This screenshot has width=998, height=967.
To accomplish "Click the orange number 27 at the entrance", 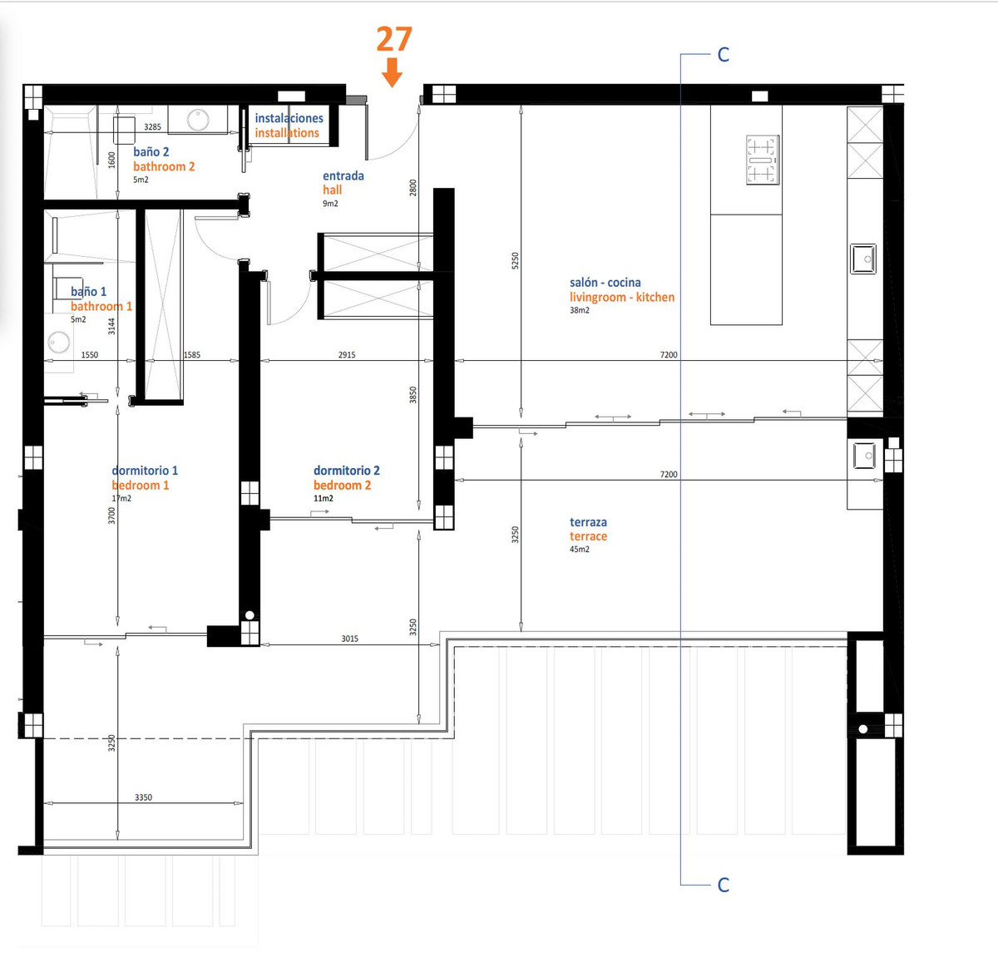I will pos(394,39).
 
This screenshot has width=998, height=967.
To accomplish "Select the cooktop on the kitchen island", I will pos(762,160).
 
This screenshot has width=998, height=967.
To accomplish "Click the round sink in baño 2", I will pos(198,120).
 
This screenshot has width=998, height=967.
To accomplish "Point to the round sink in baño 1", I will pos(59,342).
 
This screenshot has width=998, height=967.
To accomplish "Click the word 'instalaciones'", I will pos(289,118).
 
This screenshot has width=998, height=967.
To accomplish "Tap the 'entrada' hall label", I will pos(343,175).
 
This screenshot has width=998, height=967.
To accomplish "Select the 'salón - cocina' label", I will pos(605,283).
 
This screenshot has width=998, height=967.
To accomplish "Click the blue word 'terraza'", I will pos(588,522).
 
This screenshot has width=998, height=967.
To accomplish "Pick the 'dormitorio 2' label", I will pos(346,471).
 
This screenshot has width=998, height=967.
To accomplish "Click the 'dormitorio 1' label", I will pos(145,471).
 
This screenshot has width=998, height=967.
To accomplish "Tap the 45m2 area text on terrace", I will pos(579,550).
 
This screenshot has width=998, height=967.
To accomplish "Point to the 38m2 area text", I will pos(579,310).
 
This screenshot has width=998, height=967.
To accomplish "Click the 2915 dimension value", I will pos(347,355).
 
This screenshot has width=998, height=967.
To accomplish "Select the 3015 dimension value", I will pos(349,639).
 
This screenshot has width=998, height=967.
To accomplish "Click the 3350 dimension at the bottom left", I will pos(143,797).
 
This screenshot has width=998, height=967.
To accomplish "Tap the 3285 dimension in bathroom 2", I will pos(152,127).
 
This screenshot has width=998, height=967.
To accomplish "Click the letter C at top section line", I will pos(723,55).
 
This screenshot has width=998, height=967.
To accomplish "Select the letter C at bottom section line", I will pos(723,885).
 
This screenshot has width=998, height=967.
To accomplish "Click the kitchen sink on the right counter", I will pos(862,259).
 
